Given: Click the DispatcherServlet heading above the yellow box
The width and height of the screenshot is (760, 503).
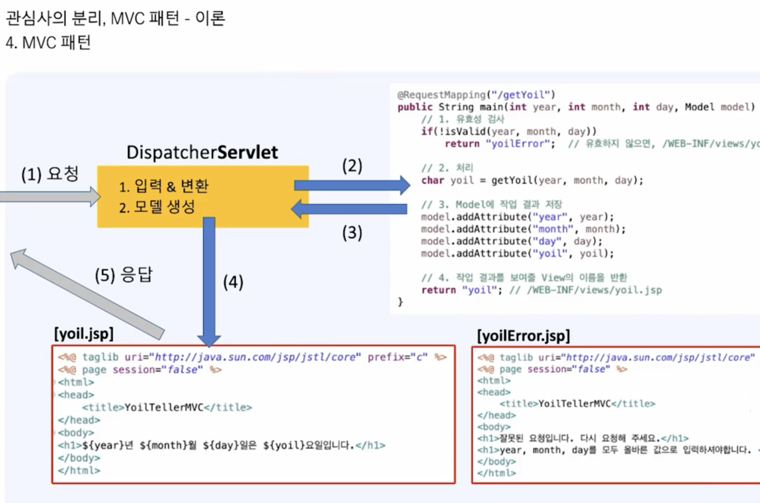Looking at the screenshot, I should pos(202,153).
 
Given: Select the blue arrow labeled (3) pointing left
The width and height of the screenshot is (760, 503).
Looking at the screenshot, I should pos(349,209).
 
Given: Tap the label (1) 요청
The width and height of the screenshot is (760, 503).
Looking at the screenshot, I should pos(50,174).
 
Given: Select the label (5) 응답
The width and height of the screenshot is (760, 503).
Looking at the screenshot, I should pos(123,275).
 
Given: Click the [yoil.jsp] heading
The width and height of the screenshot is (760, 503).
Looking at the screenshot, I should pos(84,334).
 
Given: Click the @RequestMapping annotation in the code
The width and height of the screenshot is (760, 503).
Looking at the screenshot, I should pos(441,95).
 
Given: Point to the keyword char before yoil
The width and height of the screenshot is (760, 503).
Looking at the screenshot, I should pos(432,180).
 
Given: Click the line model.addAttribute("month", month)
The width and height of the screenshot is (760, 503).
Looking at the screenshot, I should pos(523,229).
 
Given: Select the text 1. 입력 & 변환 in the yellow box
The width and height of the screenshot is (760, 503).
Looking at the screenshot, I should pos(164,186).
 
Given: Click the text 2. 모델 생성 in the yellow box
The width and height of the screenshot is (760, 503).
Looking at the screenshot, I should pos(157,207).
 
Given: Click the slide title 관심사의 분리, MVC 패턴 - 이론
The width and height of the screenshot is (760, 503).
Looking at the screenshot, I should pos(115,18).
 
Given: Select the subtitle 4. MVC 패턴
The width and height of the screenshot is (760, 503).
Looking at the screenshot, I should pos(48,43).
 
